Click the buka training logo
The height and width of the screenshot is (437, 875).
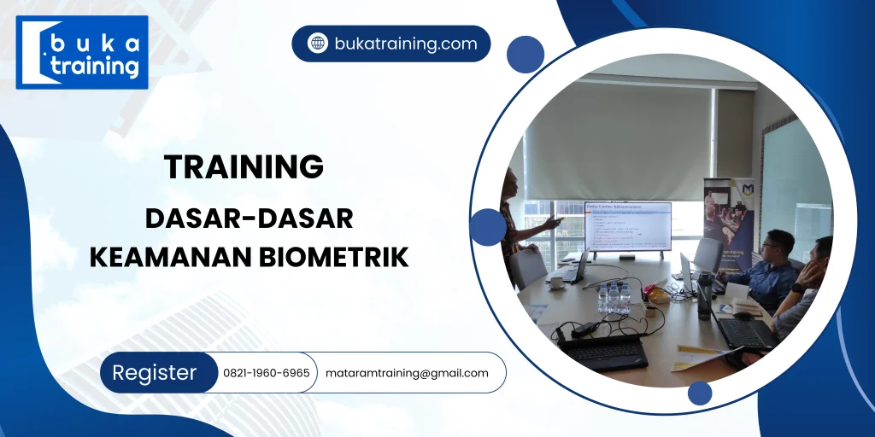point(82,53)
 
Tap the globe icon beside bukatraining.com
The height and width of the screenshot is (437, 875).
point(317,44)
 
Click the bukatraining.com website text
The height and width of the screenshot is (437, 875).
point(405,44)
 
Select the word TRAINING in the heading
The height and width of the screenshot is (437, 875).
point(244,167)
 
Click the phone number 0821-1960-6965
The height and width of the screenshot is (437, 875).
point(266,373)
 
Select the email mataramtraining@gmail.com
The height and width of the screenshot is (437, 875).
point(407,373)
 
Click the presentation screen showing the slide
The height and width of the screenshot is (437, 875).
point(627,226)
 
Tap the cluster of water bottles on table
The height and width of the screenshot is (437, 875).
point(614,297)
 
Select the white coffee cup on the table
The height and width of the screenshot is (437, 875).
point(555,281)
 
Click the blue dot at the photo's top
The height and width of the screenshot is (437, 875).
point(525,55)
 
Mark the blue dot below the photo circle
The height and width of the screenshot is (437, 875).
point(700,393)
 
